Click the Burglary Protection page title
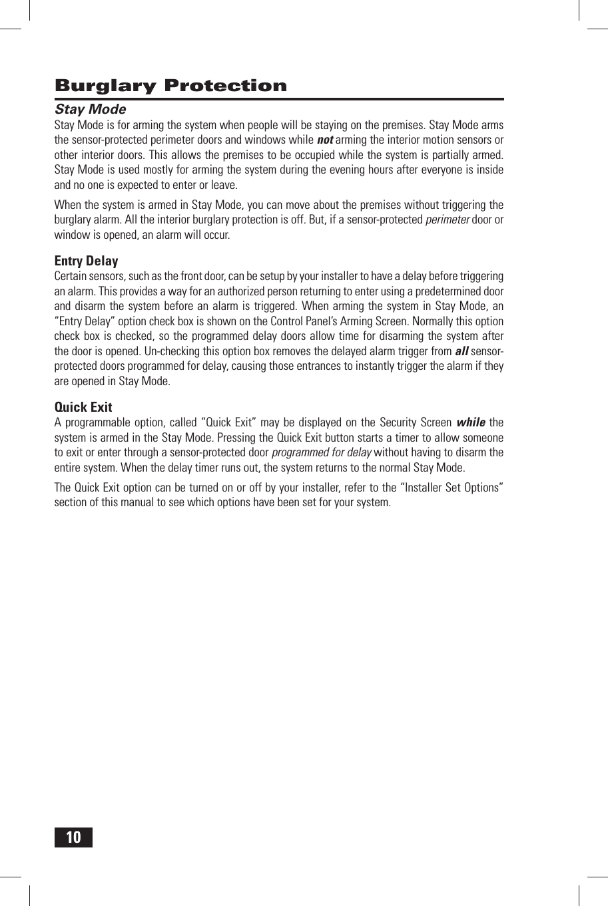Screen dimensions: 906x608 pyautogui.click(x=170, y=86)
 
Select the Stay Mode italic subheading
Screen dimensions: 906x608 pyautogui.click(x=90, y=109)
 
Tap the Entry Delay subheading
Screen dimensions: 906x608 pyautogui.click(x=86, y=261)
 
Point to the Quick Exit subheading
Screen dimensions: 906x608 pyautogui.click(x=83, y=407)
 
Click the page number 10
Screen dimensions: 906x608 pyautogui.click(x=73, y=837)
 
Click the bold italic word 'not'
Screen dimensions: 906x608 pyautogui.click(x=325, y=140)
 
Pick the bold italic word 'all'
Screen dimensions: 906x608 pyautogui.click(x=461, y=351)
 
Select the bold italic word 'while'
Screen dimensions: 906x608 pyautogui.click(x=470, y=422)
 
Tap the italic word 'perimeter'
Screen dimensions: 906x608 pyautogui.click(x=448, y=220)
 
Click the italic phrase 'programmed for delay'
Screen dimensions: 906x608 pyautogui.click(x=322, y=452)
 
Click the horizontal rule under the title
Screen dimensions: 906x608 pyautogui.click(x=279, y=99)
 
